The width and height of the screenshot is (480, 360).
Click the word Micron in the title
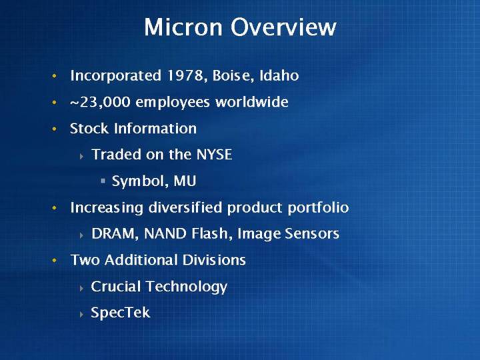(x=183, y=27)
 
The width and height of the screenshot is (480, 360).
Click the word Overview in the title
(x=283, y=27)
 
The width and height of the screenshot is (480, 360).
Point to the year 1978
(x=185, y=75)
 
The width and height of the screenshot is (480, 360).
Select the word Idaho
(x=279, y=75)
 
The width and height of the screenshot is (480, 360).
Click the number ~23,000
(x=101, y=102)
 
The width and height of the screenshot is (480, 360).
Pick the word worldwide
(x=251, y=101)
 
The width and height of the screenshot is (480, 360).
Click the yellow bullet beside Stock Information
(x=55, y=129)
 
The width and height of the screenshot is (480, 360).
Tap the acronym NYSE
(x=214, y=154)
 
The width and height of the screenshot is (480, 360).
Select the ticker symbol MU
(x=185, y=181)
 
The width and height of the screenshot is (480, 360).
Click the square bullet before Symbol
(x=103, y=181)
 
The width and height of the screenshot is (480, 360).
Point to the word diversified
(x=185, y=207)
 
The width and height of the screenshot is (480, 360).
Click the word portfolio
(x=319, y=208)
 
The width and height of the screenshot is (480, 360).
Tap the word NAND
(x=165, y=233)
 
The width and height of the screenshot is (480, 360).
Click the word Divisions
(x=214, y=260)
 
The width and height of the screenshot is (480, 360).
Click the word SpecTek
(x=120, y=313)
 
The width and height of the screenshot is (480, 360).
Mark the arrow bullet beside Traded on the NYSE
(x=81, y=157)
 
